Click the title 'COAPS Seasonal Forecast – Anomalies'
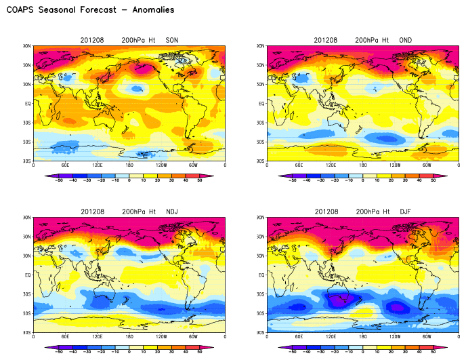pyautogui.click(x=90, y=10)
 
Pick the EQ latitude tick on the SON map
pyautogui.click(x=28, y=104)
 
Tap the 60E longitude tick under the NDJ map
pyautogui.click(x=66, y=336)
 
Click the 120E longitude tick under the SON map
pyautogui.click(x=98, y=165)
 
